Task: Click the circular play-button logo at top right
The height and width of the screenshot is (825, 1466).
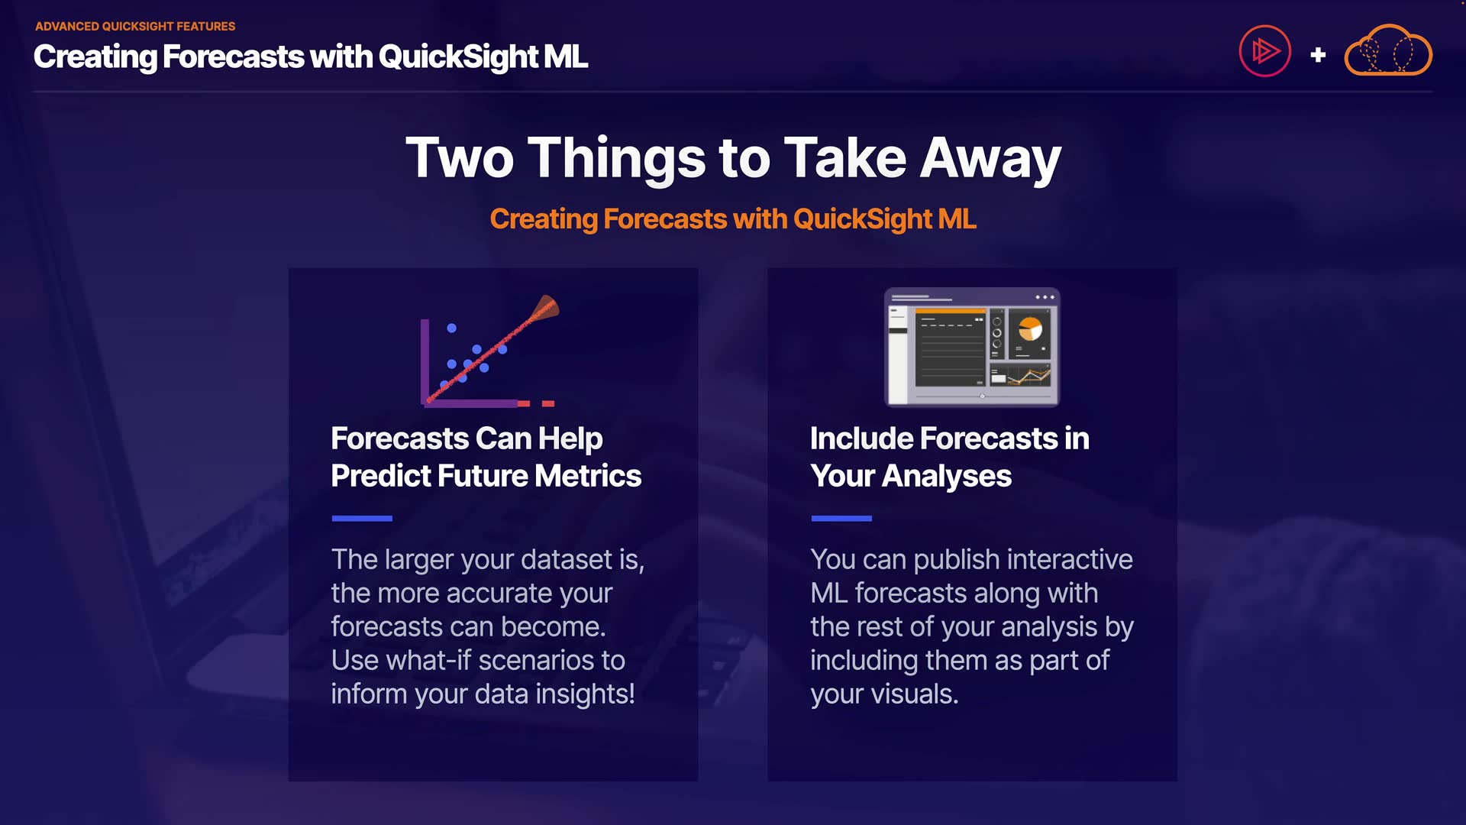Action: click(1264, 51)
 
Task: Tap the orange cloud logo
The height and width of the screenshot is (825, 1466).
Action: click(1387, 50)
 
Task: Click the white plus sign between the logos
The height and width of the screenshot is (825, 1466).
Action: click(1318, 55)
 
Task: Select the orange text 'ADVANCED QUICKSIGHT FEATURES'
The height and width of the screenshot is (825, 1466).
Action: click(135, 26)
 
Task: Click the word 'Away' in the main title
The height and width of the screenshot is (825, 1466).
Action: click(990, 159)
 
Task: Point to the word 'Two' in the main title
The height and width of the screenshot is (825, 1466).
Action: click(460, 158)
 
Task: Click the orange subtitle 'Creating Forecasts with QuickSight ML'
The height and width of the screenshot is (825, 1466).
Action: click(733, 219)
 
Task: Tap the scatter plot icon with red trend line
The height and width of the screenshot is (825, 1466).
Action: click(489, 351)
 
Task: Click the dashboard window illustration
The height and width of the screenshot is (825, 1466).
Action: click(972, 347)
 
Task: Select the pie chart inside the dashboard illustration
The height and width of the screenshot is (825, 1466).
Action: click(1030, 328)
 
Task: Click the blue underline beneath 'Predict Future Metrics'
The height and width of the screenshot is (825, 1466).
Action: click(362, 519)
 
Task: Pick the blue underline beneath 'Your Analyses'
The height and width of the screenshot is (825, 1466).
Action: click(841, 519)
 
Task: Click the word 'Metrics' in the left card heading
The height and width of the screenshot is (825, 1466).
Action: click(588, 476)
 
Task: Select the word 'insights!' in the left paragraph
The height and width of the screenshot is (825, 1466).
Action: click(585, 694)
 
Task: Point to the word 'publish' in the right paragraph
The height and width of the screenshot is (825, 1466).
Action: click(957, 560)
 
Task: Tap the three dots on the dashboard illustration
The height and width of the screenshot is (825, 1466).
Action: click(1045, 297)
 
